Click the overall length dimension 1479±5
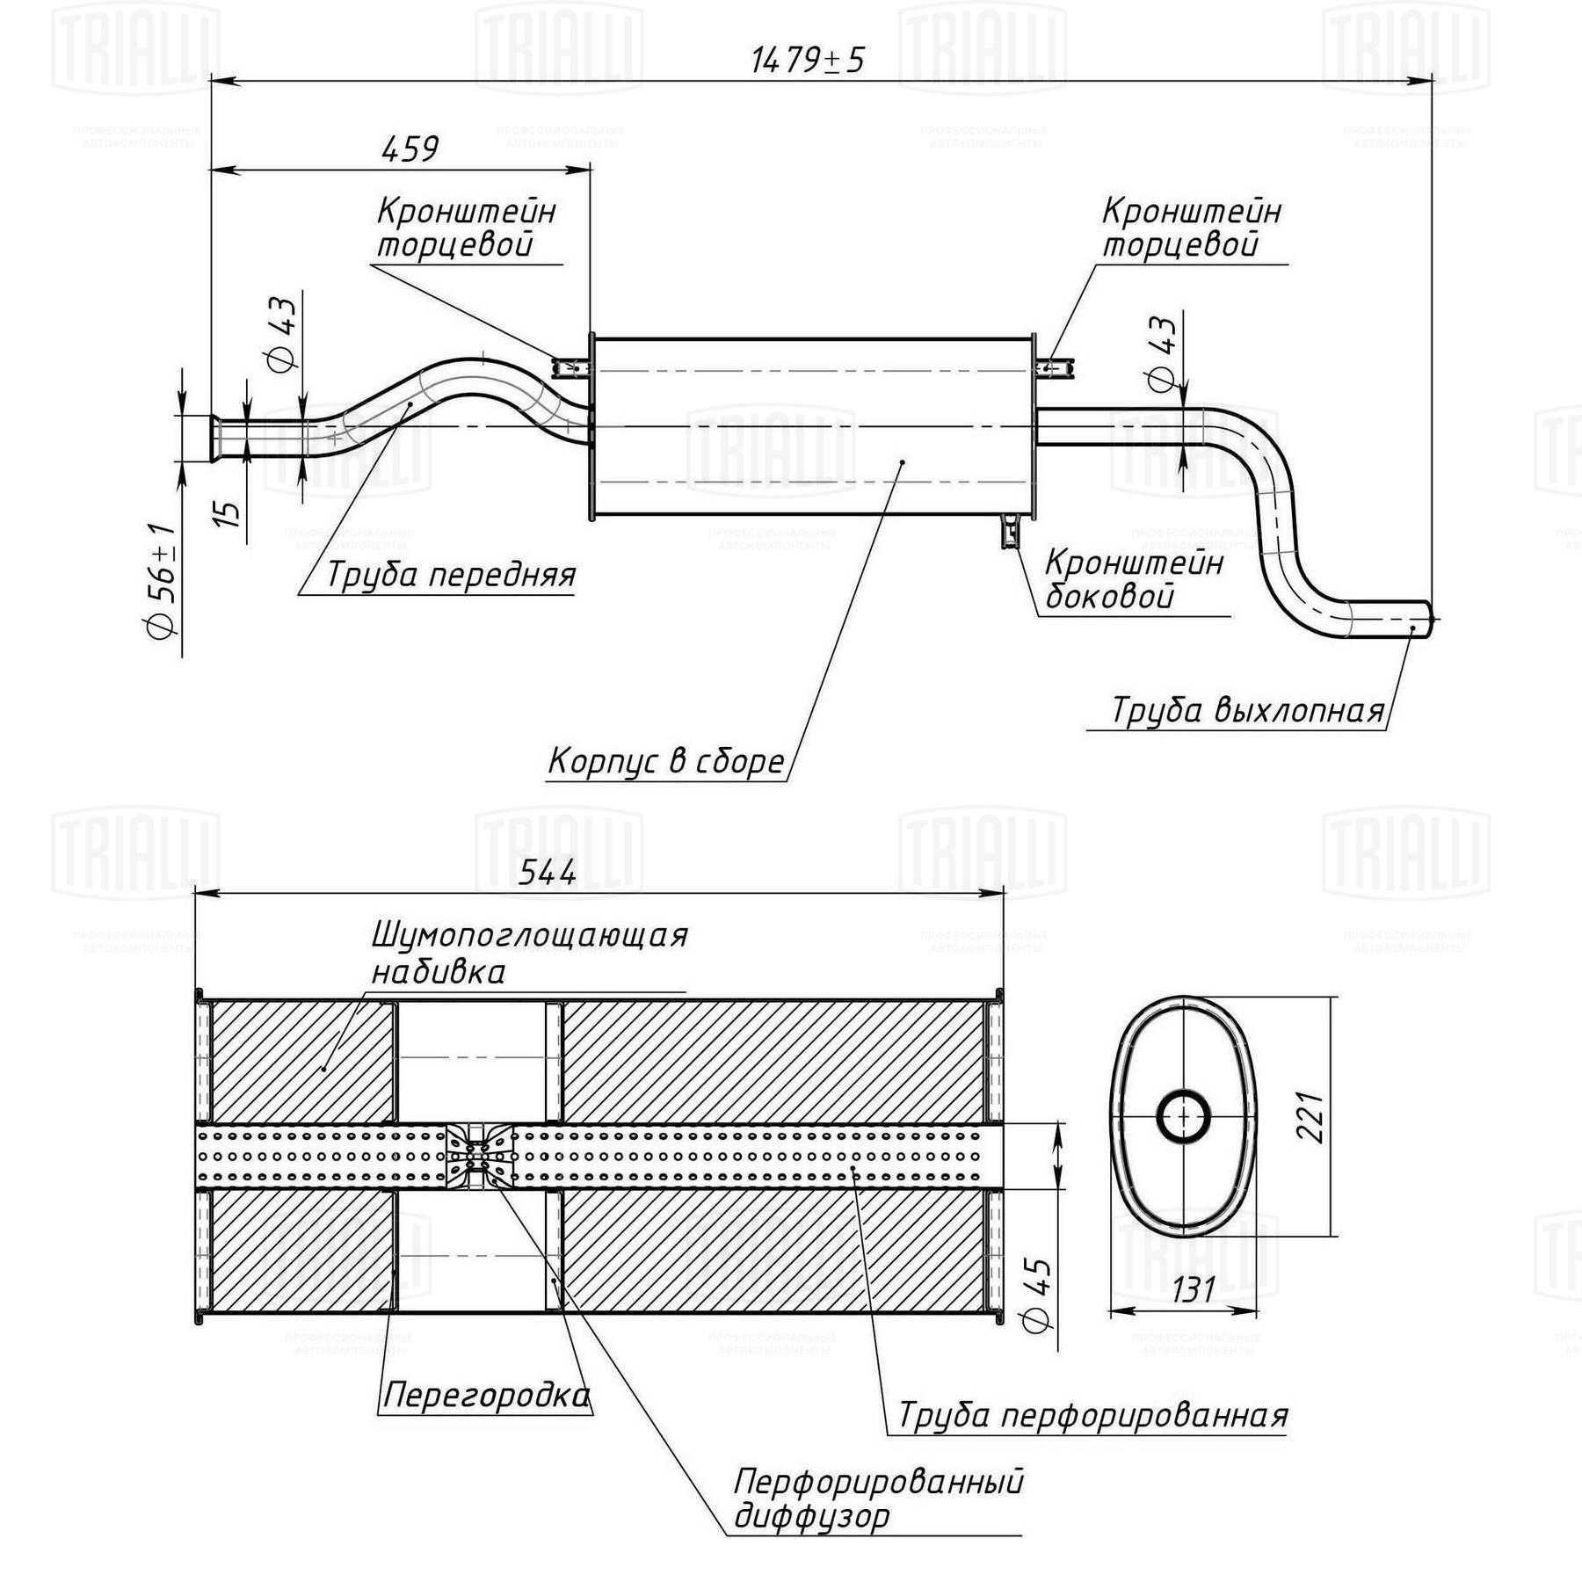808,60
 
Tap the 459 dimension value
410,149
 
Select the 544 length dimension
547,872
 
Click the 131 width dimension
1193,1289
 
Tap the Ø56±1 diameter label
162,581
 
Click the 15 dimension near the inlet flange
227,513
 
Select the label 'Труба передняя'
451,575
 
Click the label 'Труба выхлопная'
1248,709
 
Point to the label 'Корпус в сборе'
665,761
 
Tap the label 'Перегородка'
486,1395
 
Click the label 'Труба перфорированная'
1092,1415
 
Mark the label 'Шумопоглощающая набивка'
529,954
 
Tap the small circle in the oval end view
1183,1118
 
